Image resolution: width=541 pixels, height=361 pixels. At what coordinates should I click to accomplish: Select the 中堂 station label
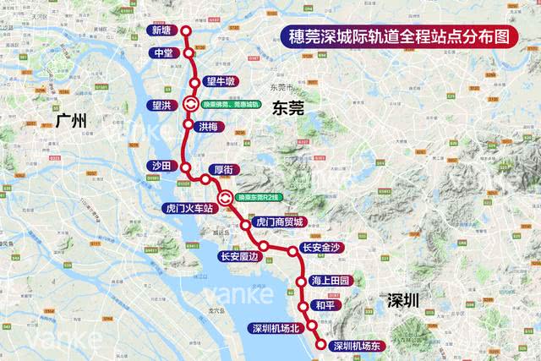tap(163, 53)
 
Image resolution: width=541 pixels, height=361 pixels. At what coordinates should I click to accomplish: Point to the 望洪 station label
tap(160, 105)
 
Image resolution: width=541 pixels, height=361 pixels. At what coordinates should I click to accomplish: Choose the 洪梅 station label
tap(211, 126)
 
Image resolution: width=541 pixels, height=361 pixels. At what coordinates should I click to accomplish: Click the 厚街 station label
tap(225, 169)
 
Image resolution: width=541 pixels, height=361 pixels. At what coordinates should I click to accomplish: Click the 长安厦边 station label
tap(239, 255)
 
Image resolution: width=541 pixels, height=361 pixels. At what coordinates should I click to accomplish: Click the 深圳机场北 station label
tap(276, 327)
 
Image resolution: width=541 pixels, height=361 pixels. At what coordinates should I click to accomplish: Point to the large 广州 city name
tap(72, 120)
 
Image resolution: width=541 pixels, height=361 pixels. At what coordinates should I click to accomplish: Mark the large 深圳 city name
tap(404, 301)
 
